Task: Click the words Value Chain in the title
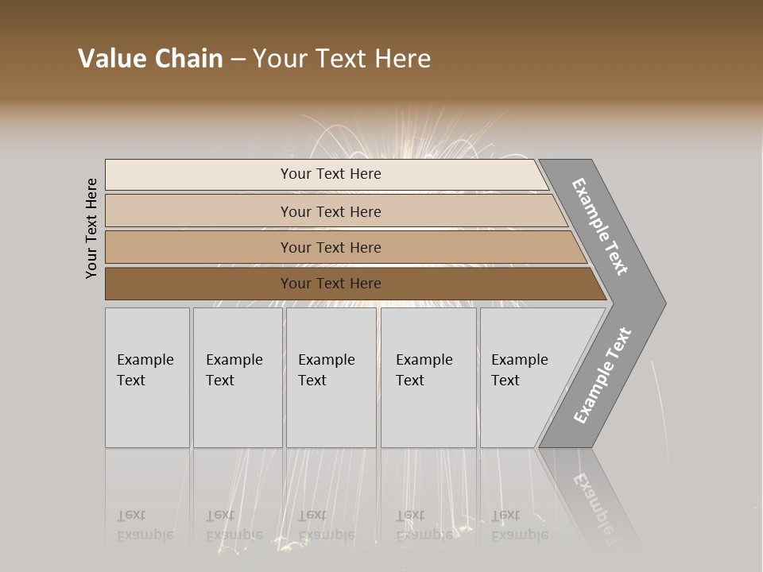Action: (150, 59)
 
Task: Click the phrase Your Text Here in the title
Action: (342, 59)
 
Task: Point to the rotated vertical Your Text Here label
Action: (91, 228)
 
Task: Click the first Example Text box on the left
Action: (147, 377)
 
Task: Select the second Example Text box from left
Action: (238, 377)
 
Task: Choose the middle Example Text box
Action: (331, 377)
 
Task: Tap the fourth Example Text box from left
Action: (428, 377)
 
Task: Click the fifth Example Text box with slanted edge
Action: (521, 377)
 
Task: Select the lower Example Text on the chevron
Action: (602, 375)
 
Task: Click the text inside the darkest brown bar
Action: (331, 284)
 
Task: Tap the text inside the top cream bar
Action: (331, 174)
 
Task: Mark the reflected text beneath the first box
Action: (145, 525)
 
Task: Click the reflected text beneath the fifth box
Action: (519, 525)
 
